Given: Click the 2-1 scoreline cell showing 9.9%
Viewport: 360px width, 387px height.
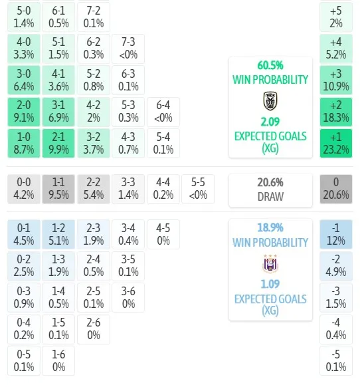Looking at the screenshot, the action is point(58,143).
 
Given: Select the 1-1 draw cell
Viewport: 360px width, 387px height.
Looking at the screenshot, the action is point(58,189).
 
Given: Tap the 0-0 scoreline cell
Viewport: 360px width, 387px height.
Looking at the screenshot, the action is point(24,189).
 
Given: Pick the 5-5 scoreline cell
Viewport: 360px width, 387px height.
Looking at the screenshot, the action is point(198,189).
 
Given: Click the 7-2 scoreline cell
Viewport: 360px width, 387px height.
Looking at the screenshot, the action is point(94,17).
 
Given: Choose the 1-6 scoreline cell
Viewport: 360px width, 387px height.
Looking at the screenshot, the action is point(58,360).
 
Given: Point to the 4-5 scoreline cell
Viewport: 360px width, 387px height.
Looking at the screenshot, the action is point(163,235).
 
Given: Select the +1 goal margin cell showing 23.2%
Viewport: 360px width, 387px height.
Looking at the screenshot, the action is point(336,143).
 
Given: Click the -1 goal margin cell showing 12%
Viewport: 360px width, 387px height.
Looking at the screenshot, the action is point(336,235).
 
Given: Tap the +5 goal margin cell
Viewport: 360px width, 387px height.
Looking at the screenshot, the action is point(336,17).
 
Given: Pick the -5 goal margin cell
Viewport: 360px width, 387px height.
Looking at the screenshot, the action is point(336,360).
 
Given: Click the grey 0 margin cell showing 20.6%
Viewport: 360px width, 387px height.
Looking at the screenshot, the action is point(336,189).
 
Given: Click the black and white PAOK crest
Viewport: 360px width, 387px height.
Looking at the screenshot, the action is point(270,101).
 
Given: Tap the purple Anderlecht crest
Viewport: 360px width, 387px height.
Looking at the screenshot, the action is point(270,263).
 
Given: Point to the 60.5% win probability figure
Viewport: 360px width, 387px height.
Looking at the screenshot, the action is point(270,66).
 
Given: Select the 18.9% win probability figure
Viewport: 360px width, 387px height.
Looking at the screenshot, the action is point(270,227).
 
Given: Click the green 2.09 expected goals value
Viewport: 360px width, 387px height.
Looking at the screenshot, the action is point(270,122).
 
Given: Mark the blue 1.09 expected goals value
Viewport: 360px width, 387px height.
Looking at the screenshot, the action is point(270,284).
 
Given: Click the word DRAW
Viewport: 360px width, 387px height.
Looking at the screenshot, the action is point(270,197).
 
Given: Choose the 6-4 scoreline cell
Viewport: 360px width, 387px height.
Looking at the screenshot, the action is point(163,112).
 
